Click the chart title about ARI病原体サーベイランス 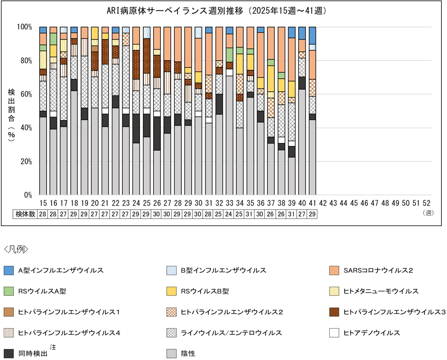point(223,10)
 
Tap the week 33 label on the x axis point(229,203)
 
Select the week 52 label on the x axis point(426,203)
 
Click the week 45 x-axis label point(354,203)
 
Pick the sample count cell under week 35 point(250,214)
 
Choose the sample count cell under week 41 point(312,214)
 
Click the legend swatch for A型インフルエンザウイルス point(9,270)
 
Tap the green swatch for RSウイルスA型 point(9,291)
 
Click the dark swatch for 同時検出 point(9,353)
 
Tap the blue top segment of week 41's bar point(312,35)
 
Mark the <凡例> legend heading point(16,248)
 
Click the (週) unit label point(428,213)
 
